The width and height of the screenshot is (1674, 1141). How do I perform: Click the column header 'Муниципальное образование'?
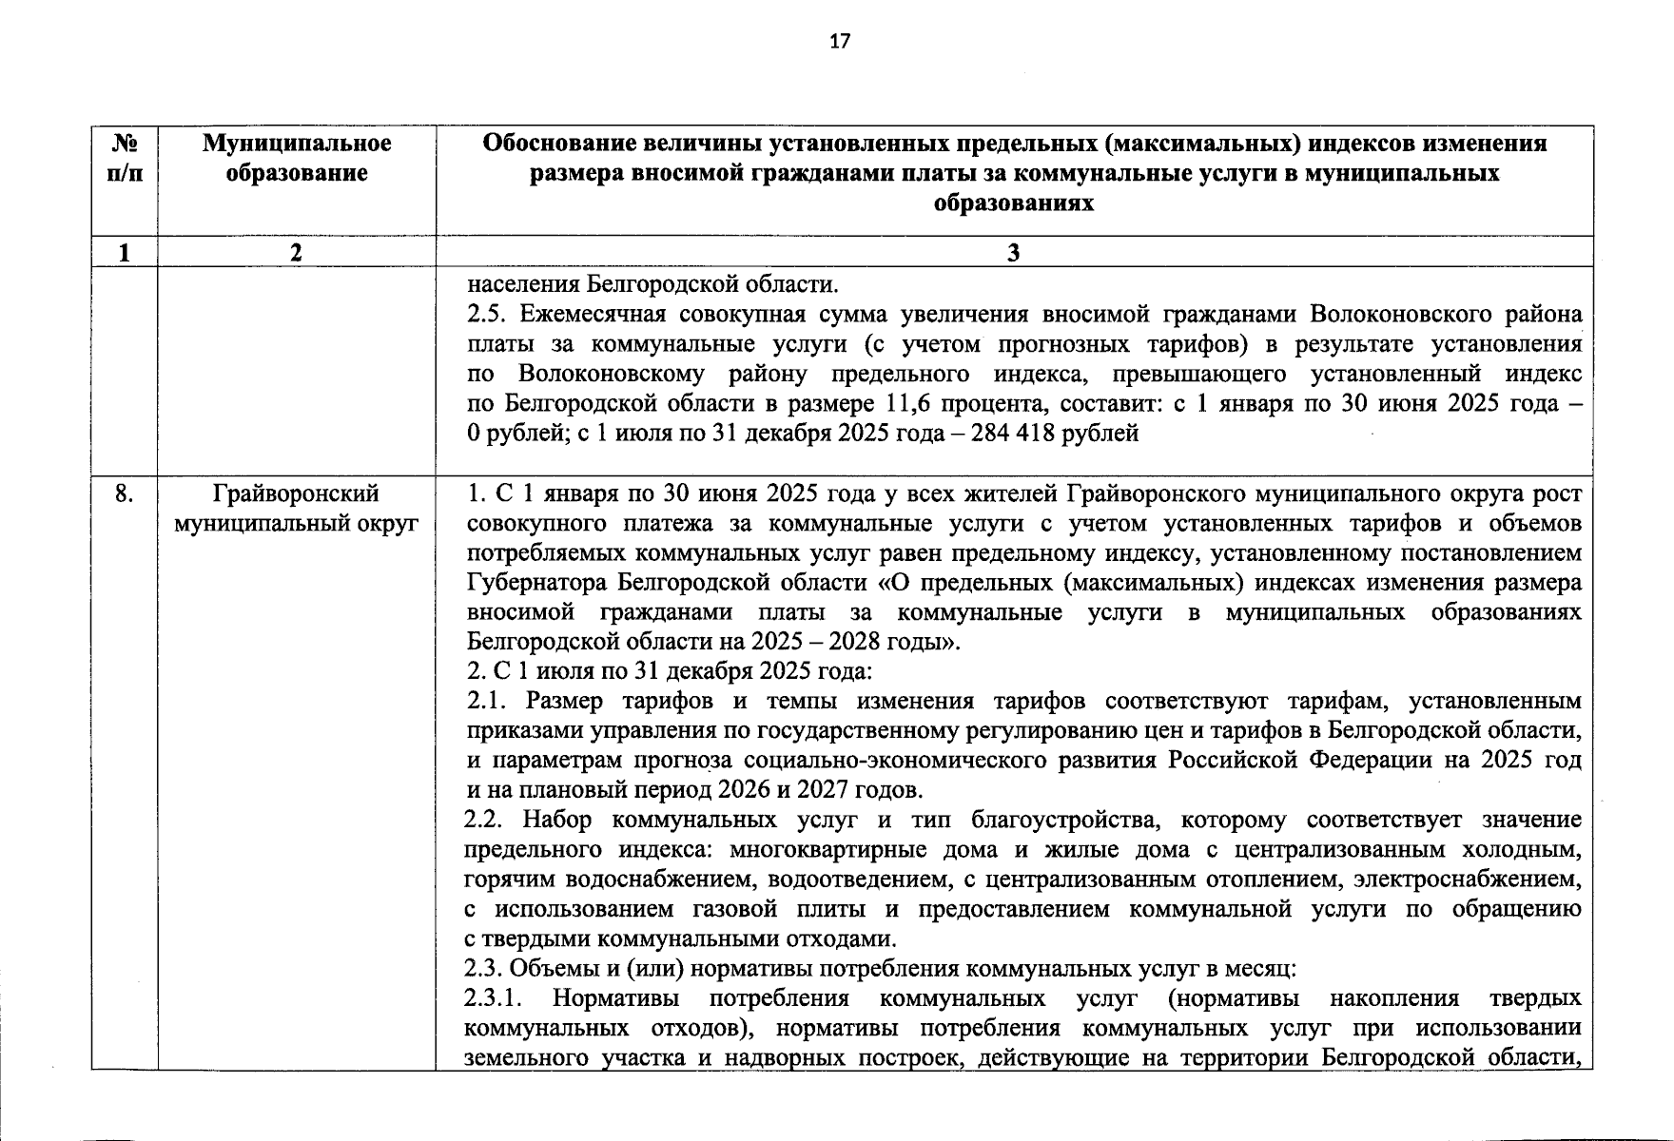(297, 158)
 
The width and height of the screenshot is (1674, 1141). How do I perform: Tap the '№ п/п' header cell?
(125, 158)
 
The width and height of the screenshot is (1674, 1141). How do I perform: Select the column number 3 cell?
(1013, 252)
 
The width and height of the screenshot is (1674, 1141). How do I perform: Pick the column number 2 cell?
(297, 252)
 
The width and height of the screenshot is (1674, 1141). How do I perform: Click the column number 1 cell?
(125, 252)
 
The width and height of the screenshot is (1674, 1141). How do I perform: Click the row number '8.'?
(124, 493)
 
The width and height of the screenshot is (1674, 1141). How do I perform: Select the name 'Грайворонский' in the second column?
(297, 493)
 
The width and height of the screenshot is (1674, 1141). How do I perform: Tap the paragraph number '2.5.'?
(486, 315)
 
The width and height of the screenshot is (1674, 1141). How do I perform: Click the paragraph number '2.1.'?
(486, 702)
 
